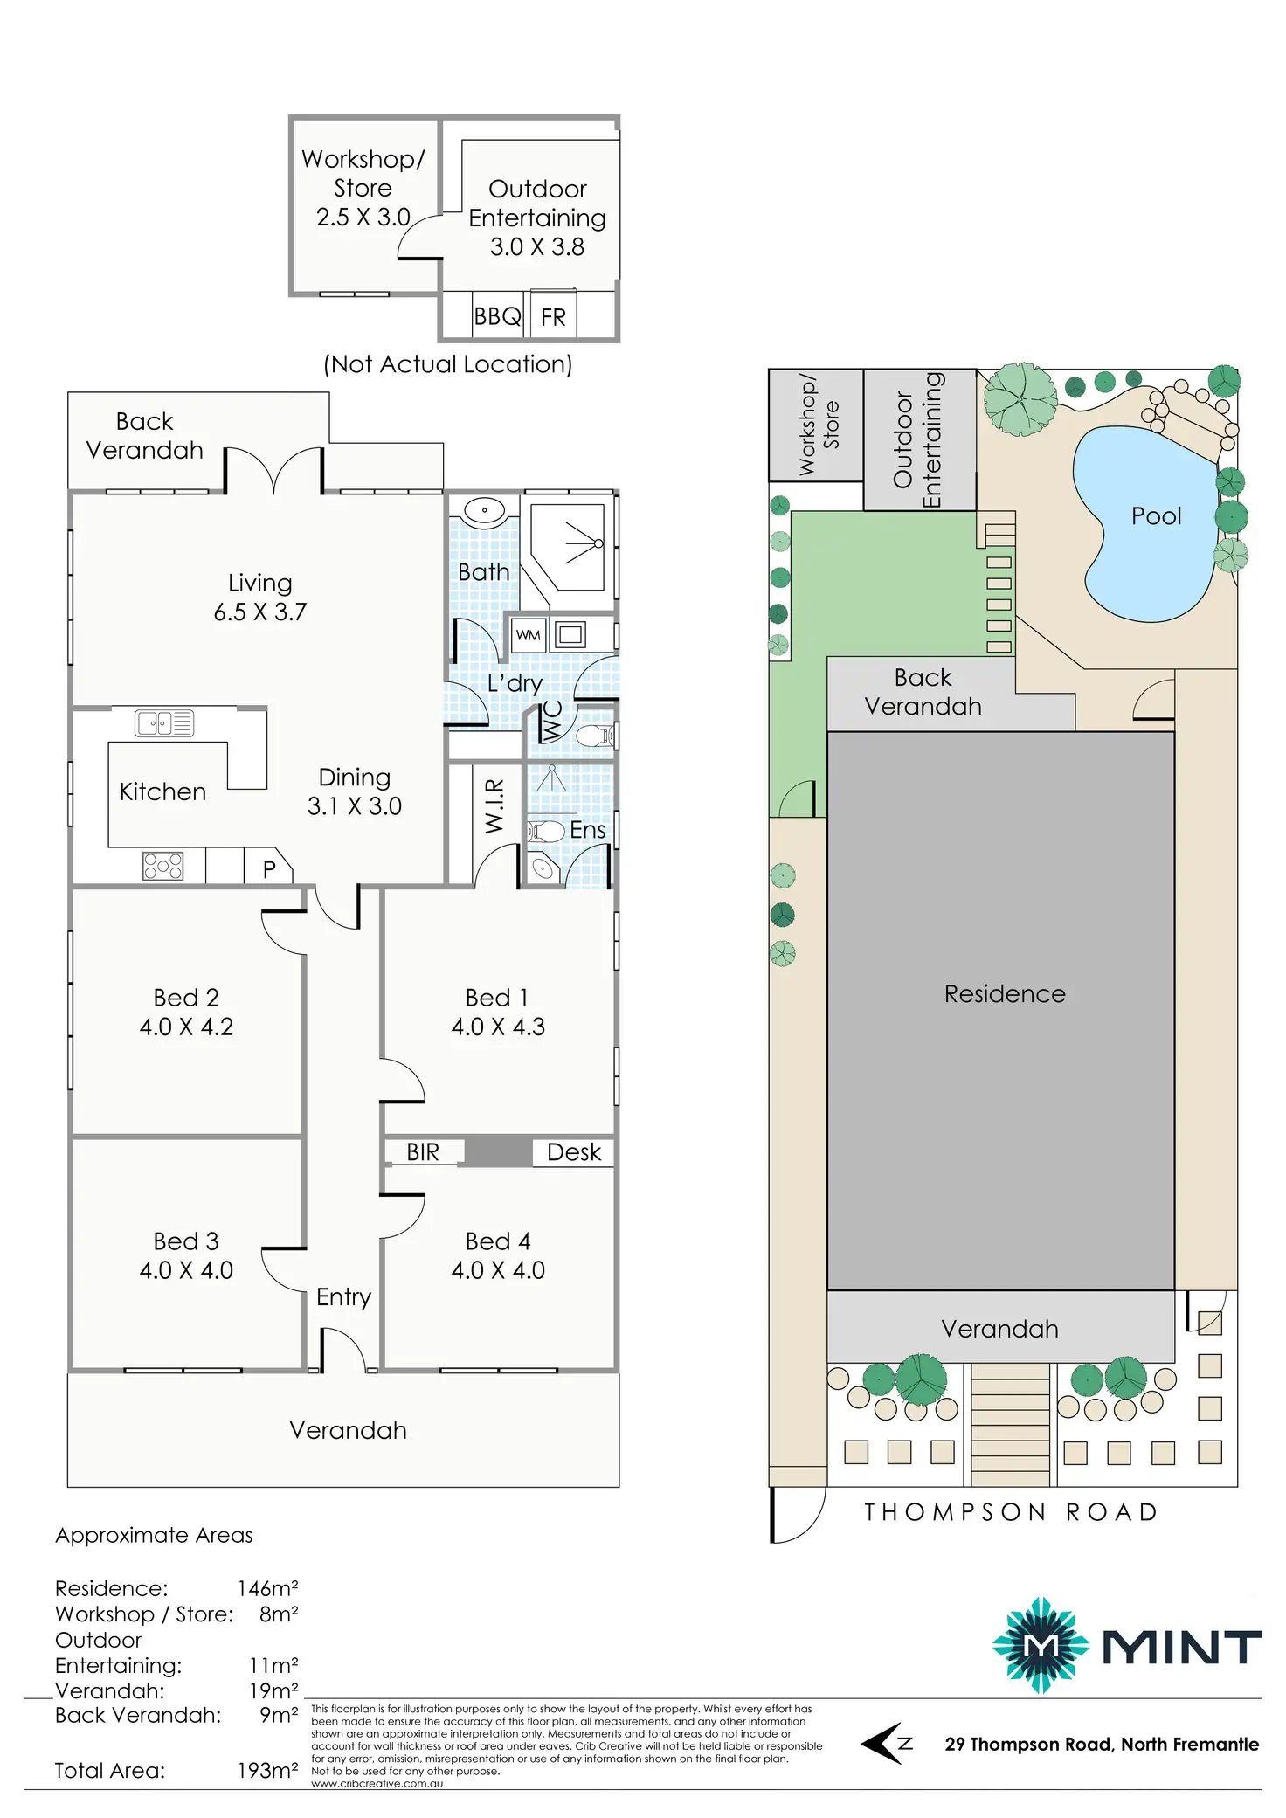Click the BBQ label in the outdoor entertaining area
coord(497,316)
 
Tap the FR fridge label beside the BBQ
coord(553,317)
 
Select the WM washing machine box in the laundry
coord(528,635)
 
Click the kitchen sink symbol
coord(164,723)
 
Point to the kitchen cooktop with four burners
coord(163,866)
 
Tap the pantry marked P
coord(269,869)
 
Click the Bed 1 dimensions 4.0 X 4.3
coord(498,1027)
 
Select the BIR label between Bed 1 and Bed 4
coord(423,1152)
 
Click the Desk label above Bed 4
coord(574,1152)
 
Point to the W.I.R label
coord(494,805)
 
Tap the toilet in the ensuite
coord(546,831)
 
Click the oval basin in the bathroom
coord(483,509)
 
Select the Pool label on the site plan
coord(1156,516)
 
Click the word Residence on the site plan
coord(1005,994)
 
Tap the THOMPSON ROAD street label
coord(1012,1512)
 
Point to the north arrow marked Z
coord(888,1743)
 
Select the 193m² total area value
coord(267,1770)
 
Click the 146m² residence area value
coord(267,1588)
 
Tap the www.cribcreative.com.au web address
coord(377,1783)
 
